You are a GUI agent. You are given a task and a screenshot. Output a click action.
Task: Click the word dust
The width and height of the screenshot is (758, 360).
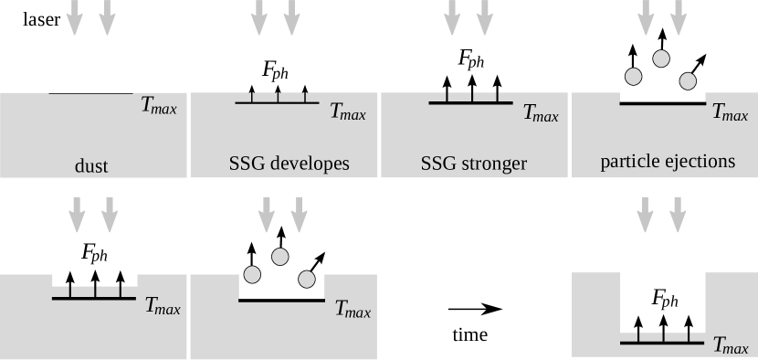tap(91, 166)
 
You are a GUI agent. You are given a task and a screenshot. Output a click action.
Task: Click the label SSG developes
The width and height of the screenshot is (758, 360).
tap(289, 164)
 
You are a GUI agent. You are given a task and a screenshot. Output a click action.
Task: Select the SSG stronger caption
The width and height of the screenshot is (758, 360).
tap(474, 164)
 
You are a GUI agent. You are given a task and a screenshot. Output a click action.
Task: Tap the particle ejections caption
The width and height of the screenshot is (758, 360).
tap(668, 162)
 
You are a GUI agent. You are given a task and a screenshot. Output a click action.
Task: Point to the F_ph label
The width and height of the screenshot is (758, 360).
tap(664, 299)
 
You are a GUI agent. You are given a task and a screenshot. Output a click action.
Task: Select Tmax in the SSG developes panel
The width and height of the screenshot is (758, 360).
tap(348, 113)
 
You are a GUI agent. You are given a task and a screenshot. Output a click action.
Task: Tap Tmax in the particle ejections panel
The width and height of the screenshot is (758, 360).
tap(730, 112)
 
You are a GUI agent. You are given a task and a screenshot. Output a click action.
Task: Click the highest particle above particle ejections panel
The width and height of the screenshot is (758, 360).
tap(661, 58)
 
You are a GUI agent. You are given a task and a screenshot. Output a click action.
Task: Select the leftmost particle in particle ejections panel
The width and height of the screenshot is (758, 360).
tap(631, 76)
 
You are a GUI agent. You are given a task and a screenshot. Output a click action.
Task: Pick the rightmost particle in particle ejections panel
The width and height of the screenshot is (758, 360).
tap(688, 80)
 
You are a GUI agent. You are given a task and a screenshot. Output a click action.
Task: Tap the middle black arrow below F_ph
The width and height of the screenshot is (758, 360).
tap(664, 327)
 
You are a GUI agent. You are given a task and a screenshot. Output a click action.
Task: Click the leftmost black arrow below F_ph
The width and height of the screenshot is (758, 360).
tap(638, 327)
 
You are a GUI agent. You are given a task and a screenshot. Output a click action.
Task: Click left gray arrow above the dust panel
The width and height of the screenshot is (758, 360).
tap(75, 16)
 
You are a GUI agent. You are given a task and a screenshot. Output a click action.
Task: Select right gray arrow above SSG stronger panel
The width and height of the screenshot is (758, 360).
tap(484, 16)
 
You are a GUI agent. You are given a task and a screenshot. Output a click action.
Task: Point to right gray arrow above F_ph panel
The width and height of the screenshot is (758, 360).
tap(678, 214)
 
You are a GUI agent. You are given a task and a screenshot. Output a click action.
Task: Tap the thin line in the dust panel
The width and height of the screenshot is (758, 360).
tap(90, 92)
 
